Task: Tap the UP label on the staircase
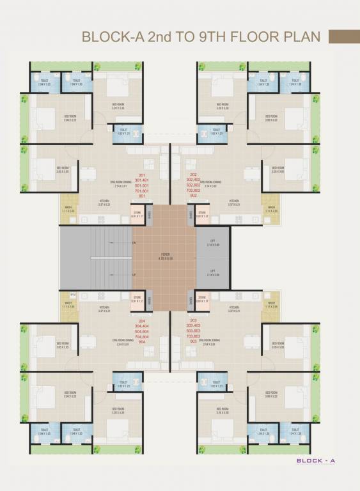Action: (x=134, y=274)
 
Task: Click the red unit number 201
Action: (x=142, y=174)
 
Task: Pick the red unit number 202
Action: (x=193, y=174)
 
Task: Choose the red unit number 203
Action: (x=194, y=320)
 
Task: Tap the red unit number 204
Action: (x=141, y=320)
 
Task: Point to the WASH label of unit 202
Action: (x=271, y=207)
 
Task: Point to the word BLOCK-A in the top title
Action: (x=109, y=37)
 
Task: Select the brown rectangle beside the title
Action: (x=343, y=37)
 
